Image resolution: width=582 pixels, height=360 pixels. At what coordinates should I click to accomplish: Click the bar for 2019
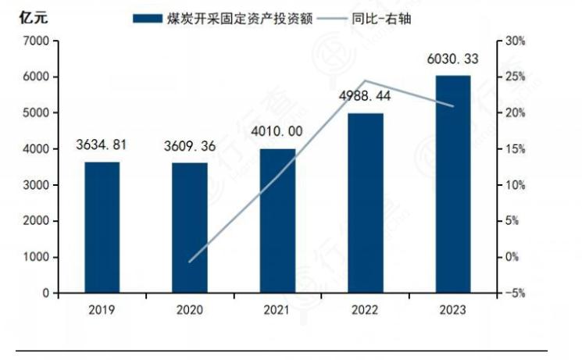click(102, 227)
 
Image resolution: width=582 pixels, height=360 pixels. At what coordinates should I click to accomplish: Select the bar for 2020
click(190, 228)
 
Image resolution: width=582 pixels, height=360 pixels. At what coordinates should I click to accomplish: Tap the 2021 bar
click(277, 221)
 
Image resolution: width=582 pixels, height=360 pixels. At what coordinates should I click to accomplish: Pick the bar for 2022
click(366, 203)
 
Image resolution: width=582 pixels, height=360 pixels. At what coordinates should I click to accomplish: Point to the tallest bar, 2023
click(453, 184)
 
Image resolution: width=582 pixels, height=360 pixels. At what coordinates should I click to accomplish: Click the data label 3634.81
click(102, 144)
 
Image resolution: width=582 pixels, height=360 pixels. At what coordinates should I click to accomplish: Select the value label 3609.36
click(190, 146)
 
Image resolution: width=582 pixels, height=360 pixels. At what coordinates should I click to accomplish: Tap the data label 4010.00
click(277, 131)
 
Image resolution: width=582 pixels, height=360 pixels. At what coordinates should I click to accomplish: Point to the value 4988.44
click(365, 96)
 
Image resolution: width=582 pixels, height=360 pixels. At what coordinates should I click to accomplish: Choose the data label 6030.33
click(453, 59)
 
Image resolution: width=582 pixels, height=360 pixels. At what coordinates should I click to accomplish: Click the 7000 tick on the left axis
click(36, 41)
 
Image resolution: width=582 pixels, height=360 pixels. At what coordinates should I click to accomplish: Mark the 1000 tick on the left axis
click(36, 257)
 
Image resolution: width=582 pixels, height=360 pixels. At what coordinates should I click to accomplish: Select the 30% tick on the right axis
click(516, 41)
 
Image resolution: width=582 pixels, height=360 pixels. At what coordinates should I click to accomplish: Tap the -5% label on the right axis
click(515, 293)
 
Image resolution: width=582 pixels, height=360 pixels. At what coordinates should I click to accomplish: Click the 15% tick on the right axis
click(516, 149)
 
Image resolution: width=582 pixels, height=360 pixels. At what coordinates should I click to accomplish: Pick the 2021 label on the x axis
click(277, 310)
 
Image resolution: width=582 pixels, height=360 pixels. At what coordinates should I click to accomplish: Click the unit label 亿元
click(34, 18)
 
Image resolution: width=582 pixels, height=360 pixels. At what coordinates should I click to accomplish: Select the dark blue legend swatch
click(148, 19)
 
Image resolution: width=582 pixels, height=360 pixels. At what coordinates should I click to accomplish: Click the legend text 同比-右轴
click(381, 18)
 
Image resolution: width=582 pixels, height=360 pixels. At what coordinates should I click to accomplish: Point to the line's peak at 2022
click(366, 80)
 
